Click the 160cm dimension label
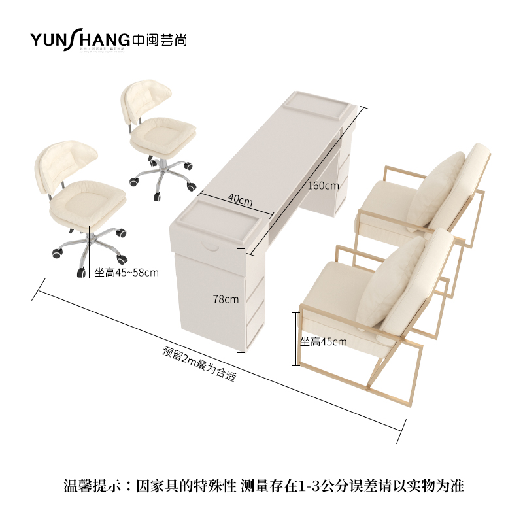click(323, 185)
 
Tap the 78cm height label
click(226, 299)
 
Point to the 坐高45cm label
click(323, 341)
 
